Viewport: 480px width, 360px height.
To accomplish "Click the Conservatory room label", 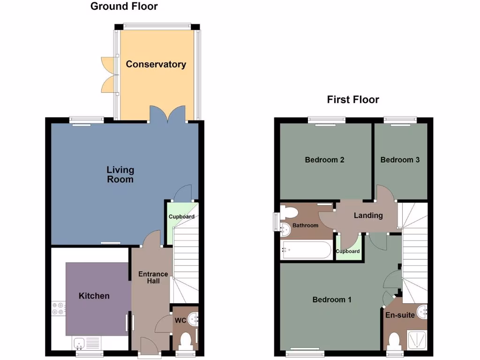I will pyautogui.click(x=156, y=64).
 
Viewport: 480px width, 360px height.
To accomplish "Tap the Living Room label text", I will pyautogui.click(x=120, y=174).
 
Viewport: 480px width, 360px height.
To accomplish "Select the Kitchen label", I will pyautogui.click(x=94, y=296).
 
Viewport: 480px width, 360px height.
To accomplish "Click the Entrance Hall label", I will pyautogui.click(x=153, y=277).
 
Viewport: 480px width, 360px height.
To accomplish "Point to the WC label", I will pyautogui.click(x=180, y=321).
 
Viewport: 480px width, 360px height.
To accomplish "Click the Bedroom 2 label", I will pyautogui.click(x=324, y=160).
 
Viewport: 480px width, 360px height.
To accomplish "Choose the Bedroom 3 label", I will pyautogui.click(x=400, y=160).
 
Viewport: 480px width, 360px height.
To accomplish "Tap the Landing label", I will pyautogui.click(x=368, y=216).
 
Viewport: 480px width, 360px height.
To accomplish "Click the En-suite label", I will pyautogui.click(x=400, y=315).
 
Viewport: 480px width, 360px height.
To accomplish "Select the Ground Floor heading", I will pyautogui.click(x=124, y=7).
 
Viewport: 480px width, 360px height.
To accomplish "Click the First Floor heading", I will pyautogui.click(x=353, y=99).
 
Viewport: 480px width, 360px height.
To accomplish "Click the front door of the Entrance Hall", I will pyautogui.click(x=149, y=347).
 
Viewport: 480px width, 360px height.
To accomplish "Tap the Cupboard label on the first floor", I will pyautogui.click(x=348, y=251).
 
